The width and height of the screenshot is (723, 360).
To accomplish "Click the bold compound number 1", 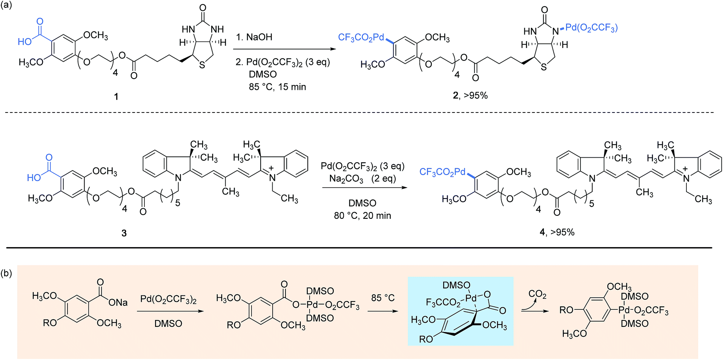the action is click(116, 97).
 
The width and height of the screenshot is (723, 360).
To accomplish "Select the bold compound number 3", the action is click(124, 233).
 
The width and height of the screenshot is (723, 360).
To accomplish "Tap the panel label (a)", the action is click(6, 5).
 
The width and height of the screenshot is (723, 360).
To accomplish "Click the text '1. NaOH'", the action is click(254, 37).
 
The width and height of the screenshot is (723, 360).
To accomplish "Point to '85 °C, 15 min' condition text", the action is click(277, 87).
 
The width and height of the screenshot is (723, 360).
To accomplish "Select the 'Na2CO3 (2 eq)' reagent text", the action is click(362, 178).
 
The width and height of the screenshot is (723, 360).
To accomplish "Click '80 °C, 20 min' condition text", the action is click(362, 215).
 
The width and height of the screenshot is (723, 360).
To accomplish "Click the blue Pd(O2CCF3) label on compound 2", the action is click(591, 28).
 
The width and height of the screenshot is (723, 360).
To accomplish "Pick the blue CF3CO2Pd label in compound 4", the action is click(442, 172).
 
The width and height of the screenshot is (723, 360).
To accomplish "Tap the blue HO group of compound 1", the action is click(25, 42).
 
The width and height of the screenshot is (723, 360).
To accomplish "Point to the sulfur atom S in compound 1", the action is click(202, 65).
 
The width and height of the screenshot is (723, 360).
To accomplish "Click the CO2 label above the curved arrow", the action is click(537, 294).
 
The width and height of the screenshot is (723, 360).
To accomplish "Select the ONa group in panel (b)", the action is click(118, 303).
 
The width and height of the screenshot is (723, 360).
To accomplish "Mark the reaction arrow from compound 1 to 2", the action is click(284, 49).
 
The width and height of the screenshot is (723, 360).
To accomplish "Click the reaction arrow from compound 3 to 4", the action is click(365, 188).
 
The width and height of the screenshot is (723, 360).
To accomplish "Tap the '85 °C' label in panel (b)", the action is click(383, 298).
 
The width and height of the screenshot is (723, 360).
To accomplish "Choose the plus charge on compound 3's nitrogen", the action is click(271, 168).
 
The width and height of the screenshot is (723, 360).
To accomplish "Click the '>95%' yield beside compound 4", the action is click(562, 232).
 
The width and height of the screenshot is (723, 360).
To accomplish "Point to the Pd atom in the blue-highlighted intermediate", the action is click(471, 298).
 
